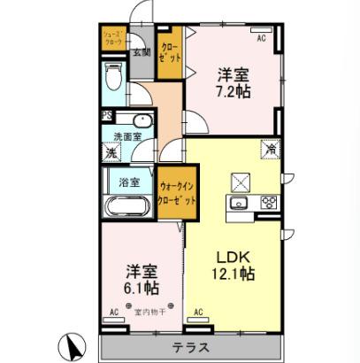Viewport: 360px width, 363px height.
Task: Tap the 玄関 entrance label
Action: click(141, 51)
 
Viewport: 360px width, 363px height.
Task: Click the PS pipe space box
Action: click(106, 116)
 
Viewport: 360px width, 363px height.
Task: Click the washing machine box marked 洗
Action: click(111, 153)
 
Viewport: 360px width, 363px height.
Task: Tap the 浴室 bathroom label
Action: click(128, 183)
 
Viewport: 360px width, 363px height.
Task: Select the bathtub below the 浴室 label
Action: click(127, 209)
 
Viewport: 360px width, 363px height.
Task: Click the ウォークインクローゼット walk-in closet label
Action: click(173, 192)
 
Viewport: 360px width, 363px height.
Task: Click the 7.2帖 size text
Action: click(232, 92)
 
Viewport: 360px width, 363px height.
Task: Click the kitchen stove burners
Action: click(266, 204)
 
